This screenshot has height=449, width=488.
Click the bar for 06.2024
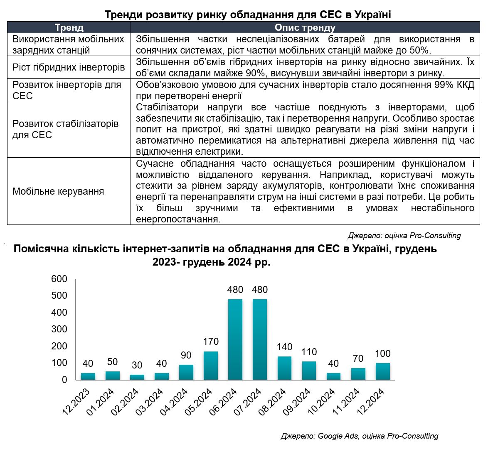tap(235, 339)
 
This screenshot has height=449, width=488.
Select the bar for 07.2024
tap(259, 339)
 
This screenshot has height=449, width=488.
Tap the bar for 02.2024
tap(137, 377)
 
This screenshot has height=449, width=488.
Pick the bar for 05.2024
tap(211, 366)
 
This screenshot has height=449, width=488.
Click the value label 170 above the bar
tap(211, 342)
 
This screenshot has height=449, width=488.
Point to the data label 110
tap(309, 352)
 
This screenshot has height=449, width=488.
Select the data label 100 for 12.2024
tap(382, 353)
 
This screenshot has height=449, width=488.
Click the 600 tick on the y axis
tap(59, 279)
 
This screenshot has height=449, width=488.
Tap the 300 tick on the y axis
tap(59, 329)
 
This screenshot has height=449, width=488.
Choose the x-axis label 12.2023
tap(76, 401)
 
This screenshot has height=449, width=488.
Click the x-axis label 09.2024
tap(297, 401)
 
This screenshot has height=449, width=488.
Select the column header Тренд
tap(69, 27)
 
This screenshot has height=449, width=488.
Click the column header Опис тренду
tap(305, 27)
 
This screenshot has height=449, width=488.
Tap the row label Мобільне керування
tap(58, 191)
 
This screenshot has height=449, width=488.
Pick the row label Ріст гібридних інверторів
tap(69, 67)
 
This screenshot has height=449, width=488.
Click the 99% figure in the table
tap(444, 85)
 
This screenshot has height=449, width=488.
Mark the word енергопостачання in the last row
tap(178, 220)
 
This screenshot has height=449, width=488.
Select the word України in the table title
tap(373, 14)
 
